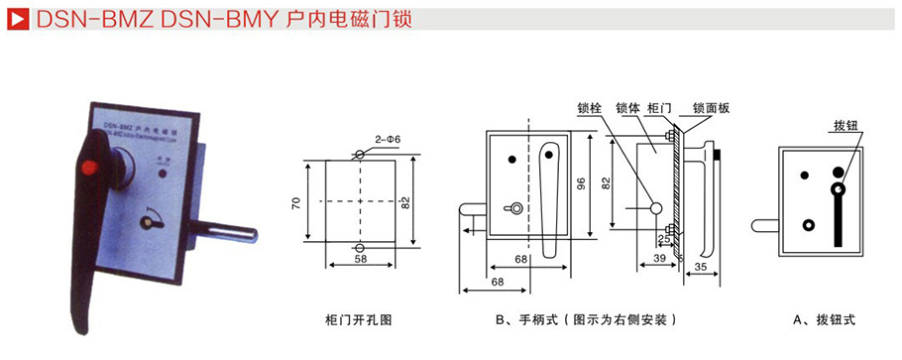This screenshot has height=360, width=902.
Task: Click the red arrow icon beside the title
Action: click(x=16, y=19)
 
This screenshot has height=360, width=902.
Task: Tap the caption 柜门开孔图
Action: click(x=359, y=320)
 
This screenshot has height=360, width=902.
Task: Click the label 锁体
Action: click(x=626, y=109)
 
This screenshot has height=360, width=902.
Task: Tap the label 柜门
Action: click(x=659, y=109)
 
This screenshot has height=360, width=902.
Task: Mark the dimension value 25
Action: click(x=662, y=239)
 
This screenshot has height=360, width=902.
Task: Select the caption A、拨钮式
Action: click(x=823, y=320)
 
